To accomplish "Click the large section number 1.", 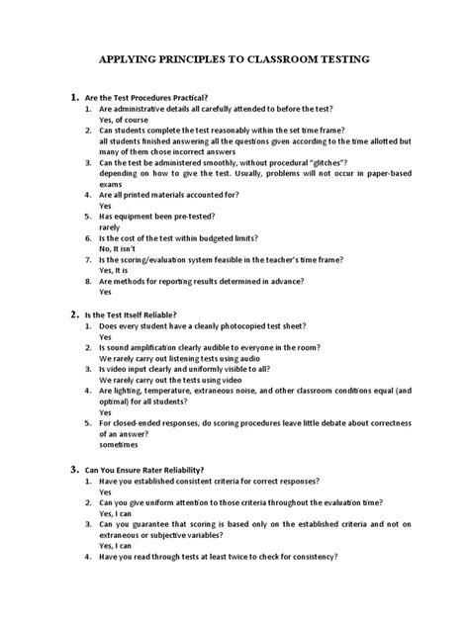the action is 73,97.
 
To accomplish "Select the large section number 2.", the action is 73,312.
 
